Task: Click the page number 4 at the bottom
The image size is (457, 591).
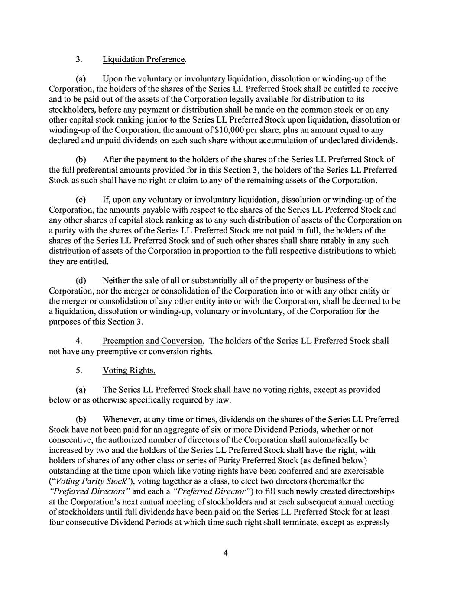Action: point(225,553)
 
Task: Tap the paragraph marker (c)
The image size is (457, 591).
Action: point(81,200)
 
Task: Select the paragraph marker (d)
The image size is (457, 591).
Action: point(81,281)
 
